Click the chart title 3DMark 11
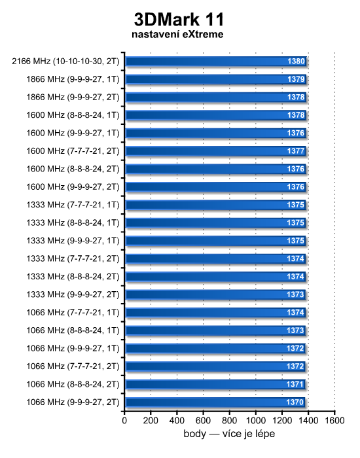coord(179,20)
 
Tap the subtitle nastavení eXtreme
coord(177,34)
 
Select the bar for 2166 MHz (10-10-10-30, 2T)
coord(215,62)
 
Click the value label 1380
coord(297,61)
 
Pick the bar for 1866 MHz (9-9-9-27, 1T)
coord(215,79)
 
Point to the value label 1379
coord(296,79)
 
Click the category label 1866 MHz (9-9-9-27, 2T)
coord(73,97)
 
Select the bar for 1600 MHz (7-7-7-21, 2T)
coord(215,151)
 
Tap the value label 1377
coord(296,151)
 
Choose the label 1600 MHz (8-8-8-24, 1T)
coord(73,115)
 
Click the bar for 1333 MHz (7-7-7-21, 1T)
coord(215,205)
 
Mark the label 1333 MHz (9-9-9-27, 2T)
coord(73,294)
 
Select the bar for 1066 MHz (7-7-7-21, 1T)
coord(215,313)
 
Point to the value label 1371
coord(295,384)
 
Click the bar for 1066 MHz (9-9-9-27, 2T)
coord(215,402)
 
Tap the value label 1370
coord(295,402)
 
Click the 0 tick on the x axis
coord(124,421)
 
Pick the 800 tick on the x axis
coord(229,421)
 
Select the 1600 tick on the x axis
coord(334,421)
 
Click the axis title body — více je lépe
coord(229,434)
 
